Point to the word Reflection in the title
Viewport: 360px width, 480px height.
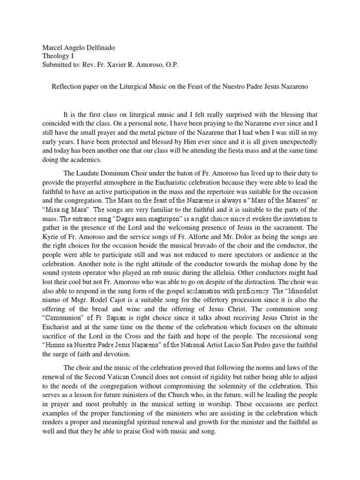point(65,87)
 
